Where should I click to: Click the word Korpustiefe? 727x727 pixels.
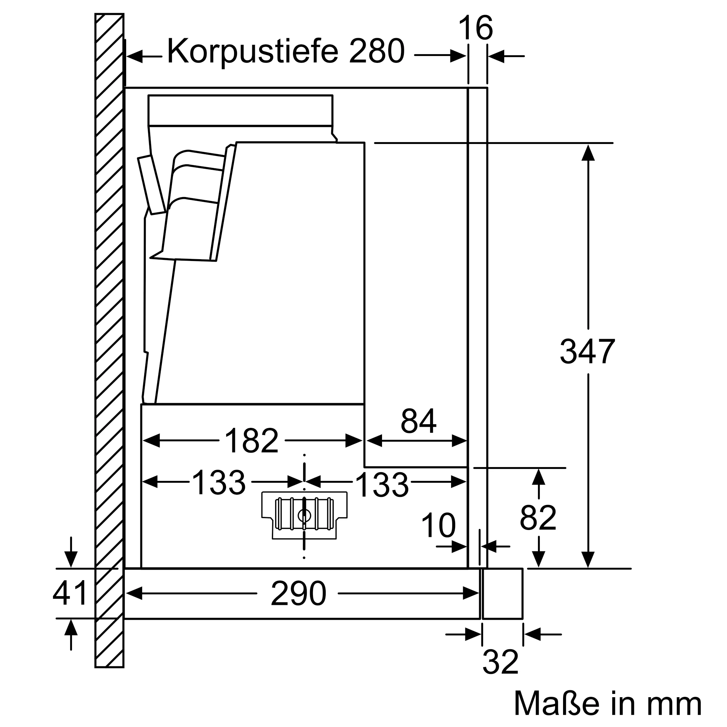pos(253,52)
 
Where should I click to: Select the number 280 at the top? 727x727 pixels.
pos(376,51)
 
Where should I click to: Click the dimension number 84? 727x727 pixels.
pos(418,421)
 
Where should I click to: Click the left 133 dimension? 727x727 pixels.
pos(218,483)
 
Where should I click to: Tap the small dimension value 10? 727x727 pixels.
pos(438,526)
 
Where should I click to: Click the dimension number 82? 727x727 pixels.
pos(538,518)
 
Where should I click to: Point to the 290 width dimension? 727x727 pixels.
pos(298,594)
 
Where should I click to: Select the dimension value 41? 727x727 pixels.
pos(70,593)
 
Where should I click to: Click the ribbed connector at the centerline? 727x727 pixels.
pos(304,514)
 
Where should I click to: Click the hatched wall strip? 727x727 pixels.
pos(109,339)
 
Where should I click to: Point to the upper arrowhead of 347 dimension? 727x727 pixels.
pos(588,153)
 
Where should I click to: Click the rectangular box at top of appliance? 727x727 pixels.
pos(240,110)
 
